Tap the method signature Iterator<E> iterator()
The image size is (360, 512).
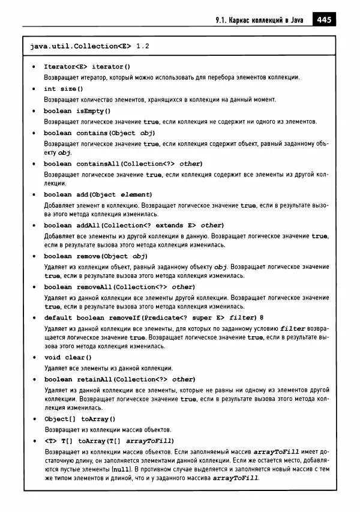pyautogui.click(x=86, y=67)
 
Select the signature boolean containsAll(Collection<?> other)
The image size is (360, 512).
pyautogui.click(x=123, y=163)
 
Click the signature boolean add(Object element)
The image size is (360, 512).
pyautogui.click(x=98, y=194)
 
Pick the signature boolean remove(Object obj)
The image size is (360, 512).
pyautogui.click(x=95, y=256)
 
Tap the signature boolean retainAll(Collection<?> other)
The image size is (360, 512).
pyautogui.click(x=119, y=379)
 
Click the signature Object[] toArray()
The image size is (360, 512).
pyautogui.click(x=79, y=418)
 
